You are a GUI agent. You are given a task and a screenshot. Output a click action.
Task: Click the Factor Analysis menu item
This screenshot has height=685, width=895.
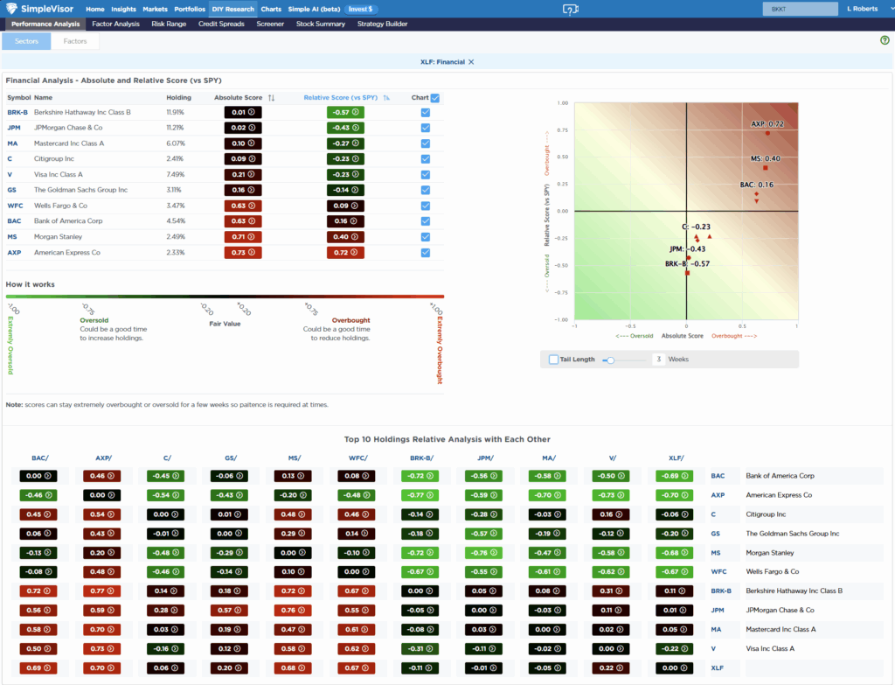[x=115, y=24]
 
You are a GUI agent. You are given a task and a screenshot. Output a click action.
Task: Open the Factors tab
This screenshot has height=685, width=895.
[x=75, y=41]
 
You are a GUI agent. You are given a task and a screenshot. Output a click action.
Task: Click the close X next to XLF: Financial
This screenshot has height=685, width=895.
[x=471, y=61]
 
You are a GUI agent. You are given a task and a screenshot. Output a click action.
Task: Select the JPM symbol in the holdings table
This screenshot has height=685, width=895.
[x=14, y=127]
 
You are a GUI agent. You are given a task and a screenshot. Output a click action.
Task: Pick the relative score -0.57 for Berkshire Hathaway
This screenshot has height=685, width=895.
[x=345, y=112]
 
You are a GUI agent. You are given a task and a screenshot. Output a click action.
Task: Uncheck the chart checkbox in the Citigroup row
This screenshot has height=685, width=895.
[x=425, y=158]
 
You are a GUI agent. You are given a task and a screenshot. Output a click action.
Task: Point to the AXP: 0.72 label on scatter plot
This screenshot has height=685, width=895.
[x=767, y=124]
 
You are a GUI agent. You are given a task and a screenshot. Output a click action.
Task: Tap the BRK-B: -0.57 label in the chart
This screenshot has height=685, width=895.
[x=686, y=263]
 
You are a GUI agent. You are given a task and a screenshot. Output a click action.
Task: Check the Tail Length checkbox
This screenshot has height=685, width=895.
[x=553, y=360]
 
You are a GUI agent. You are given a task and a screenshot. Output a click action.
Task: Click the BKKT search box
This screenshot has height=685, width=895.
[x=797, y=9]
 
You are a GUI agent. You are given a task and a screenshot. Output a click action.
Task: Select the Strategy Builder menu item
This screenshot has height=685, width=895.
[x=383, y=24]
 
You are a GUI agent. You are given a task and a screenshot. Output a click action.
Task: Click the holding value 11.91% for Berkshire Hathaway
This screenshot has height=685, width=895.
[x=176, y=112]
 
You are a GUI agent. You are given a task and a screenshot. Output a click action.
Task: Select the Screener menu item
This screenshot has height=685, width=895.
[x=270, y=24]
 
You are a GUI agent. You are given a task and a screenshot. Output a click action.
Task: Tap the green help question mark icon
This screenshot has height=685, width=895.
[x=885, y=40]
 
